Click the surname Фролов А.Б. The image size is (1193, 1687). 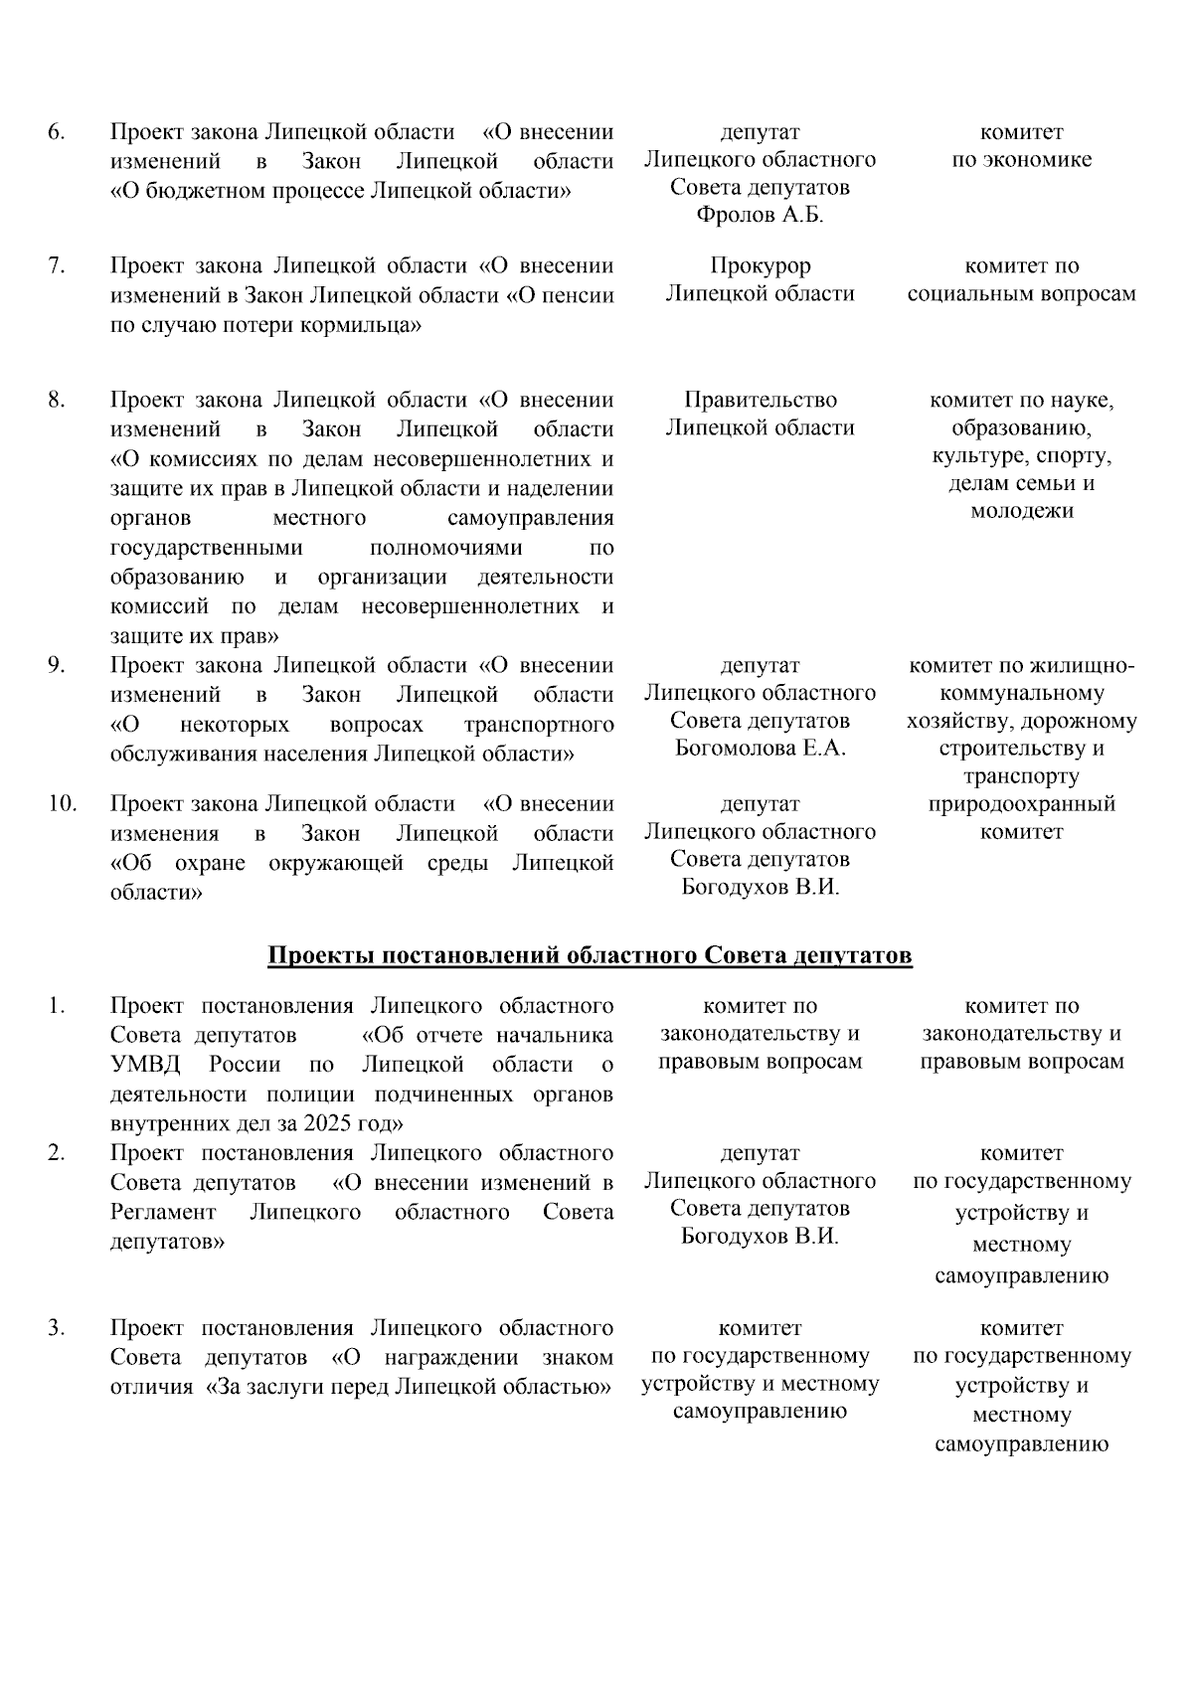[760, 216]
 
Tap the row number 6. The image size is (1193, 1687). [57, 132]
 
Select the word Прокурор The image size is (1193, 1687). [760, 266]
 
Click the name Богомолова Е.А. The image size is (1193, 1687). [760, 749]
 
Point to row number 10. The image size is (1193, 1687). [62, 803]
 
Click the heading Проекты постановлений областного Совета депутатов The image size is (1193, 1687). [590, 956]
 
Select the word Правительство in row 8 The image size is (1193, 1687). [760, 401]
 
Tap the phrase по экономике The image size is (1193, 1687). [1021, 160]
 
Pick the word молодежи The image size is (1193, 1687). [1021, 512]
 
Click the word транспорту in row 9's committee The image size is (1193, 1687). [1021, 776]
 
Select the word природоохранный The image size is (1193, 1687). [1021, 803]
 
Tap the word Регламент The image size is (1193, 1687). [163, 1213]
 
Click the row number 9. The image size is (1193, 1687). [57, 665]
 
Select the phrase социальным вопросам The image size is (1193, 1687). [1021, 294]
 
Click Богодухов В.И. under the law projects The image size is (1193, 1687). [760, 887]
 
